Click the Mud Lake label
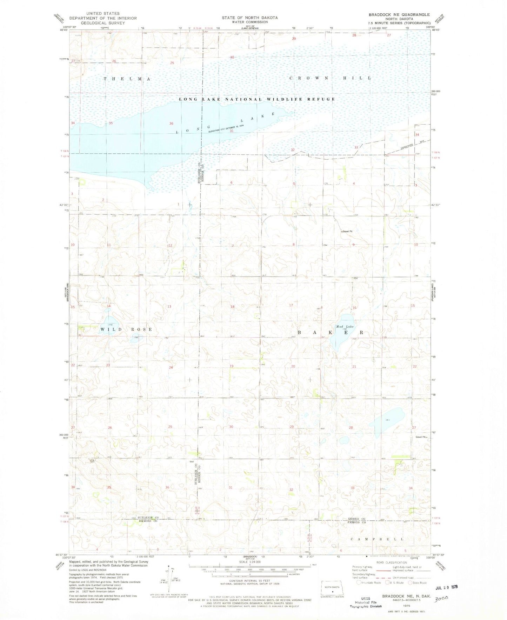pos(342,326)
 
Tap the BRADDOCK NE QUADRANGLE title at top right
pos(399,14)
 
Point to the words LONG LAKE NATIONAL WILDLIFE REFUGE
pos(257,99)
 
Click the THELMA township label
pos(127,79)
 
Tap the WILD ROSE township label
pos(126,329)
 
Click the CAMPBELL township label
pos(377,539)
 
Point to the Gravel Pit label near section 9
pos(347,232)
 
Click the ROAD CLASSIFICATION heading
pos(391,562)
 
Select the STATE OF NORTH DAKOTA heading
pos(249,18)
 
